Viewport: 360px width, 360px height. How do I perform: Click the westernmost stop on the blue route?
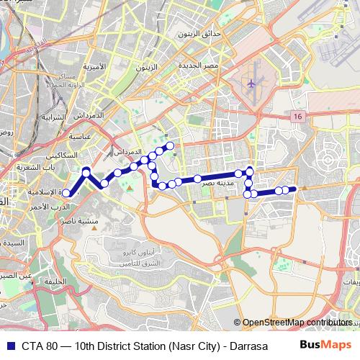(x=65, y=193)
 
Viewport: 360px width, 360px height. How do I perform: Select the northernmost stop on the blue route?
(x=171, y=145)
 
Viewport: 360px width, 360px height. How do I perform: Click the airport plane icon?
(x=251, y=84)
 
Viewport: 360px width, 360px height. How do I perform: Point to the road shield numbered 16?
(x=297, y=116)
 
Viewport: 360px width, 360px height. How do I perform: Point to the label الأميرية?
(x=94, y=67)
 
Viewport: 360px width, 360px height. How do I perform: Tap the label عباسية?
(x=78, y=135)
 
